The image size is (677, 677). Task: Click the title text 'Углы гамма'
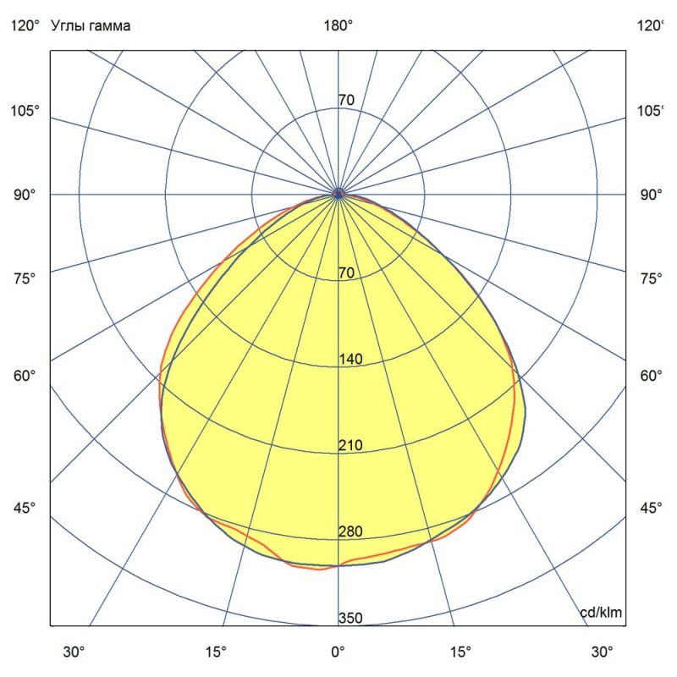[91, 26]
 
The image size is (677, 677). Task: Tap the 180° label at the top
[338, 26]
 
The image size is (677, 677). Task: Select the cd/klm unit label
[602, 613]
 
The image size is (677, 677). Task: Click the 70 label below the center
[345, 272]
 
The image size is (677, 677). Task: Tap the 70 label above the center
[346, 101]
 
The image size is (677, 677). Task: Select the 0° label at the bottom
[338, 652]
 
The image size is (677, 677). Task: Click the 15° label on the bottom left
[216, 652]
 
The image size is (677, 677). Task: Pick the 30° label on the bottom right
[602, 652]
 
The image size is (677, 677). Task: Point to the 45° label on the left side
[25, 508]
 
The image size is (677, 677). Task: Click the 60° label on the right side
[651, 376]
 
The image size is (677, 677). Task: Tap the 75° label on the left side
[25, 278]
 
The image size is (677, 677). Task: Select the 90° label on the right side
[651, 195]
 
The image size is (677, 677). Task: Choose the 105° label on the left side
[25, 112]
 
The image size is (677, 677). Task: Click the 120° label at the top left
[25, 26]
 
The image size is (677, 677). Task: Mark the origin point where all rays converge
[338, 194]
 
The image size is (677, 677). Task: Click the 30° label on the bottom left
[74, 652]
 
